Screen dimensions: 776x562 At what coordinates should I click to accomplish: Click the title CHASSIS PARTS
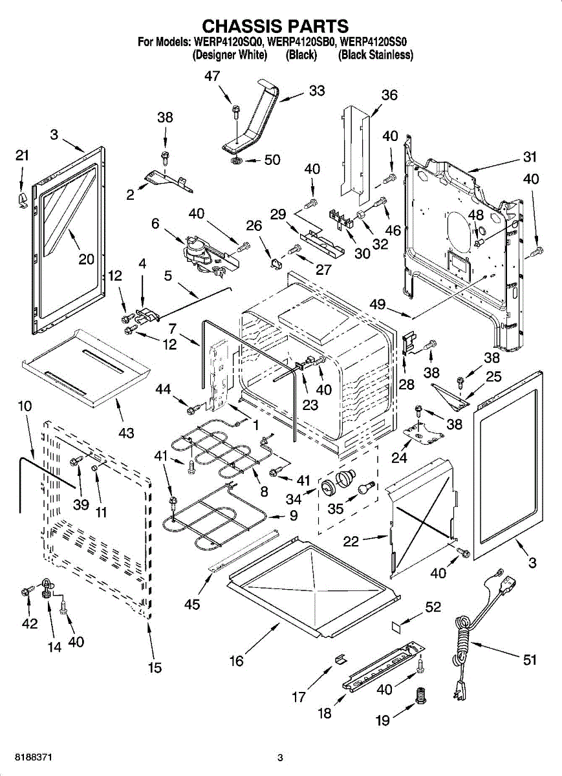[x=276, y=25]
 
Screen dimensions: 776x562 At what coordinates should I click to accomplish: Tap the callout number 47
[x=212, y=76]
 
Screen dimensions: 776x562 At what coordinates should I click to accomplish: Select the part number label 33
[x=316, y=91]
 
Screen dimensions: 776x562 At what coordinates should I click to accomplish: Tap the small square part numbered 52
[x=396, y=625]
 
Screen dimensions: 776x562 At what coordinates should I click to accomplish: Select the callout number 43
[x=126, y=431]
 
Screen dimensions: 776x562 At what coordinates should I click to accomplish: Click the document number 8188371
[x=33, y=757]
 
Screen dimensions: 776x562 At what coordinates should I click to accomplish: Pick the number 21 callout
[x=23, y=155]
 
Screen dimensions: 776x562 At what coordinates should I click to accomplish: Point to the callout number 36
[x=389, y=96]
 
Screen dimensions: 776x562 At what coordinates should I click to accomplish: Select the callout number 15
[x=155, y=668]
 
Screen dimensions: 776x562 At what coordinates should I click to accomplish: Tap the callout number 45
[x=192, y=605]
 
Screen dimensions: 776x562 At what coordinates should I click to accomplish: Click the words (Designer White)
[x=230, y=56]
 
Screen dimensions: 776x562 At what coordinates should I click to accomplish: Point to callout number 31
[x=530, y=157]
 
